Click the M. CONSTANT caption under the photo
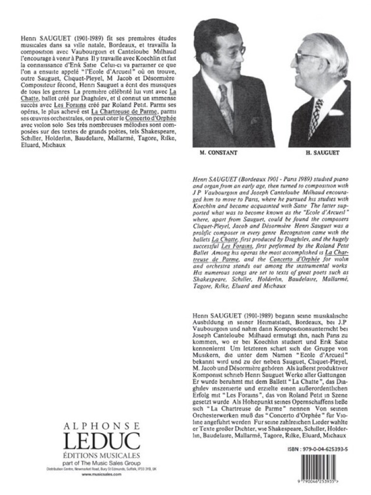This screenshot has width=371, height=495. click(x=219, y=154)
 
